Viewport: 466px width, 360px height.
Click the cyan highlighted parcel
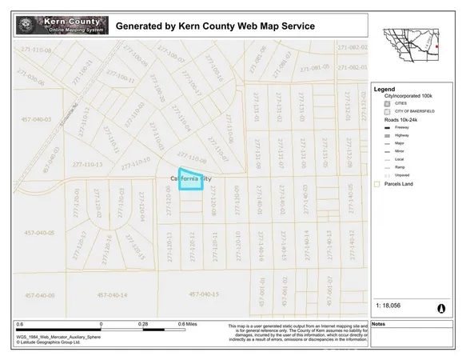tap(189, 182)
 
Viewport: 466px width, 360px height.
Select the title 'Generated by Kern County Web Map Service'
tap(215, 26)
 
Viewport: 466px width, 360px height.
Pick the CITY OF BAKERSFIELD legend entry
tap(412, 111)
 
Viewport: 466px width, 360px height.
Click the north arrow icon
tap(440, 307)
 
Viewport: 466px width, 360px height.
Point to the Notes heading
tap(379, 324)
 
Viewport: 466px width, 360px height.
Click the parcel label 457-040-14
tap(112, 295)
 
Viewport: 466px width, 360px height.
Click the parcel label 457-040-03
tap(35, 119)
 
